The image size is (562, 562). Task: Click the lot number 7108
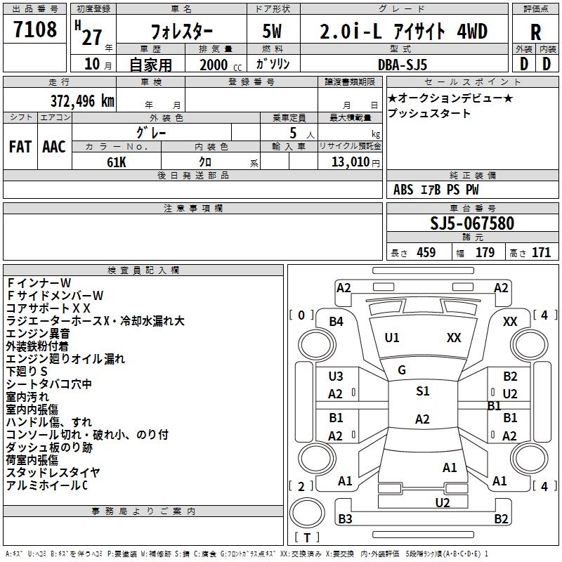[x=35, y=30]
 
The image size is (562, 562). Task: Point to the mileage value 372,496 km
[x=82, y=100]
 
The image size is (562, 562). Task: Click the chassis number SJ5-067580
[x=471, y=223]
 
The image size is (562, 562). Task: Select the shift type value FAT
[x=20, y=147]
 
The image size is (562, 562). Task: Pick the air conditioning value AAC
[x=53, y=147]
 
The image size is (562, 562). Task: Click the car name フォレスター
[x=183, y=33]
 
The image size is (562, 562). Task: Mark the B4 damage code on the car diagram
[x=336, y=322]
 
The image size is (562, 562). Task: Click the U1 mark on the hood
[x=392, y=338]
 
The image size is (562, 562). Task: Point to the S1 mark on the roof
[x=422, y=391]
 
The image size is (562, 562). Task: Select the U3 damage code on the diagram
[x=336, y=377]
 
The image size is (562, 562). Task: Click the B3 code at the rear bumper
[x=345, y=519]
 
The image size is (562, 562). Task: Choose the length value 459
[x=426, y=253]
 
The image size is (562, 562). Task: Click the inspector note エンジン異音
[x=38, y=333]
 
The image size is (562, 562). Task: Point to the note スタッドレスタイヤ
[x=53, y=472]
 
